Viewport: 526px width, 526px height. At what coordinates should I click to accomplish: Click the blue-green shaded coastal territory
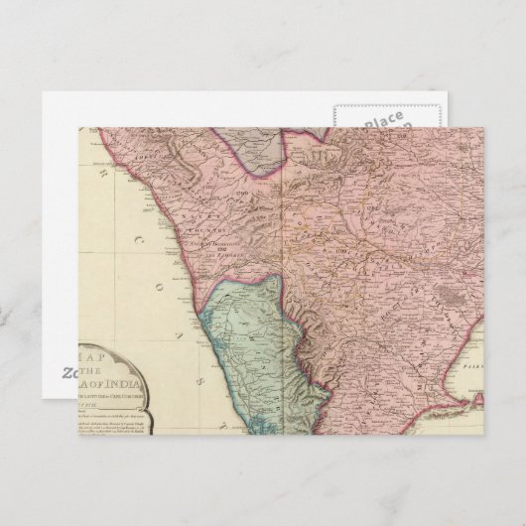248,337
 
